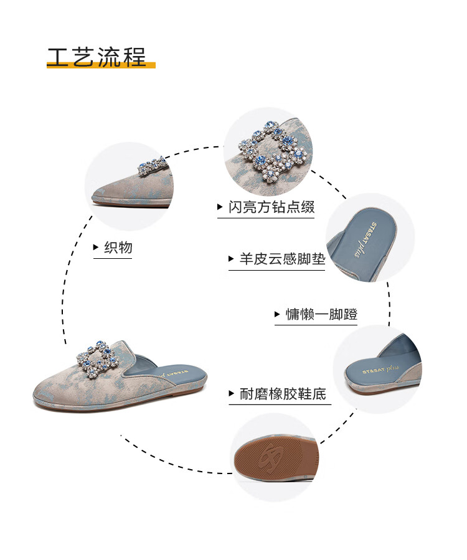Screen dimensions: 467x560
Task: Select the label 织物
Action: click(x=118, y=248)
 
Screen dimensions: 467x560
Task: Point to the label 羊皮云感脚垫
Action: click(x=282, y=259)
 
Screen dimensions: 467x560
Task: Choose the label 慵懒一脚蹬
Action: click(x=321, y=314)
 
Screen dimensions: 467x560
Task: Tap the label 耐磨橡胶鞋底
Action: click(x=283, y=394)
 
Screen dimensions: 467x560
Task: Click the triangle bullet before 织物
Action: click(x=96, y=248)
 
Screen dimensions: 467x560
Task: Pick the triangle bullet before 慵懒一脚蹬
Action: click(x=278, y=315)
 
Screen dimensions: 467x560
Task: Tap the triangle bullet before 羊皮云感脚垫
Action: click(x=232, y=259)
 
